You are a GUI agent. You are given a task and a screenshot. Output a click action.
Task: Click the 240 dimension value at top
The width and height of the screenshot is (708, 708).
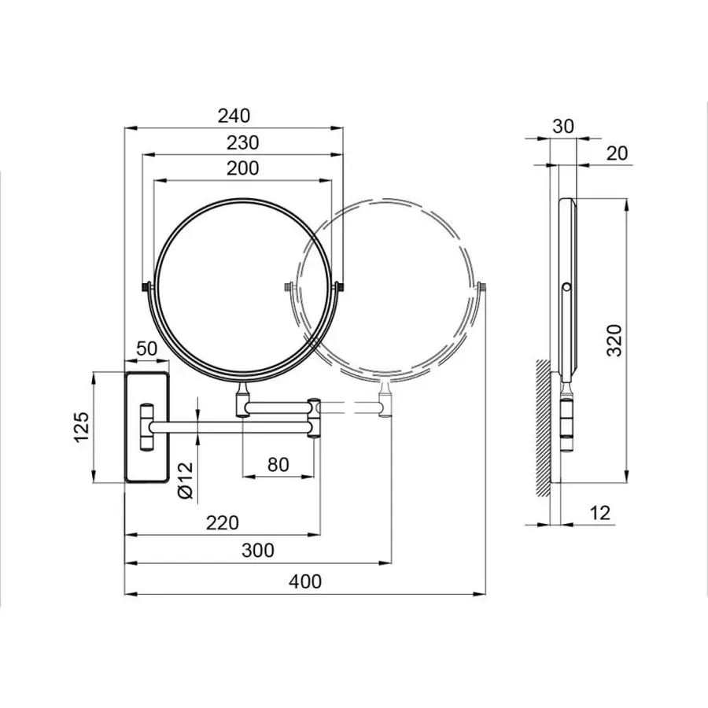pyautogui.click(x=234, y=116)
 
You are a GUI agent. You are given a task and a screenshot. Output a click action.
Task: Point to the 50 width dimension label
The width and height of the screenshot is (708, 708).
pyautogui.click(x=147, y=348)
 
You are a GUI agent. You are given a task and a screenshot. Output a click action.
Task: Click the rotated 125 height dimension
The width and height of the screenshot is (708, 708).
pyautogui.click(x=83, y=425)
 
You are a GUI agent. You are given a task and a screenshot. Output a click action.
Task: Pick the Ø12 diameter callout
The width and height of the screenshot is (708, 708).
pyautogui.click(x=185, y=479)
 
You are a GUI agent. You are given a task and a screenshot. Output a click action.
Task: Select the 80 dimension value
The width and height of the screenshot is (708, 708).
pyautogui.click(x=278, y=464)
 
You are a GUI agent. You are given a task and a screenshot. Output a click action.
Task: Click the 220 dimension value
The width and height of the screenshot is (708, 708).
pyautogui.click(x=223, y=522)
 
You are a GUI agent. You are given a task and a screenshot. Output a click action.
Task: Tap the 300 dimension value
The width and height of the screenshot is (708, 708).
pyautogui.click(x=258, y=550)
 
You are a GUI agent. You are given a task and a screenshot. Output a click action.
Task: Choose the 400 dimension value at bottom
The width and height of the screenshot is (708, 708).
pyautogui.click(x=305, y=581)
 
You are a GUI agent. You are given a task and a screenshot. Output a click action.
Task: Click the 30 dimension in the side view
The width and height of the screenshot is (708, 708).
pyautogui.click(x=563, y=126)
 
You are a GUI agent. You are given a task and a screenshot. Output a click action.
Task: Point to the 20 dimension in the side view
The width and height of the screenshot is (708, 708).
pyautogui.click(x=618, y=153)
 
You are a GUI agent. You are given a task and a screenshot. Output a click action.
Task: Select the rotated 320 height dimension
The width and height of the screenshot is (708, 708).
pyautogui.click(x=616, y=339)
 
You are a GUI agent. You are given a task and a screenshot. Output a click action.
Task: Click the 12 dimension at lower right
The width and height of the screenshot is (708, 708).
pyautogui.click(x=599, y=513)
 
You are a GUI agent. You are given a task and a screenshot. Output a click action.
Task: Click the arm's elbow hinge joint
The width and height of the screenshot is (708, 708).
pyautogui.click(x=314, y=417)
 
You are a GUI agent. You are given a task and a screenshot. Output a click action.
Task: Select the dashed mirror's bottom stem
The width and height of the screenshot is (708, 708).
pyautogui.click(x=385, y=400)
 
